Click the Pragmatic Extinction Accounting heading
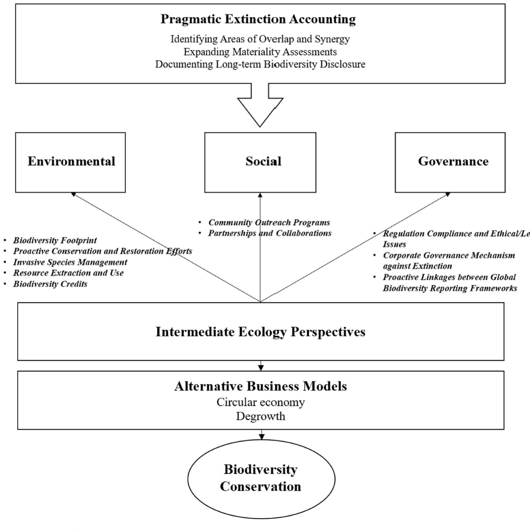(x=258, y=19)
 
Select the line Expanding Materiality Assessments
(x=260, y=52)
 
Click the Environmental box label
(x=71, y=161)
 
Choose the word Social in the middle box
(x=263, y=161)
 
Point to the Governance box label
(x=453, y=161)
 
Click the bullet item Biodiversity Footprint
(x=55, y=240)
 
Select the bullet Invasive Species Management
(x=70, y=262)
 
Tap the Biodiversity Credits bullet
(x=50, y=284)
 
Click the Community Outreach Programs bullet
(x=269, y=222)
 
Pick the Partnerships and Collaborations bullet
(x=270, y=233)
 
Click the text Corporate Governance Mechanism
(x=449, y=255)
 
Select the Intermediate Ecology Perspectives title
(x=260, y=332)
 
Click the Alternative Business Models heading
(x=260, y=386)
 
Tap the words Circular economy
(x=260, y=402)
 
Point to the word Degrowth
(x=260, y=416)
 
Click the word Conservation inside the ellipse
(x=260, y=486)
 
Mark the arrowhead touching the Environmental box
(x=74, y=194)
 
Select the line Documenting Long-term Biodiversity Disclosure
(x=260, y=64)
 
